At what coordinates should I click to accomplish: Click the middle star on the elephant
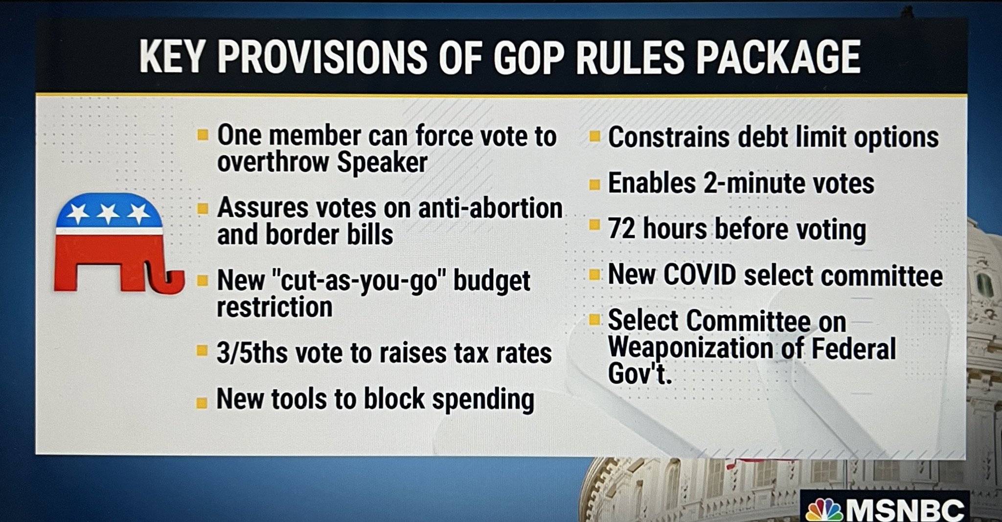(108, 213)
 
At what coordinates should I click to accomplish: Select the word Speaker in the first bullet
(382, 162)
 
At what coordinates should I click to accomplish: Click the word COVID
(700, 275)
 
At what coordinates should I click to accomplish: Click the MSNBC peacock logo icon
(824, 510)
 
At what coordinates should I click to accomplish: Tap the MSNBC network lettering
(905, 510)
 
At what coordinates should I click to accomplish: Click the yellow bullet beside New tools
(201, 403)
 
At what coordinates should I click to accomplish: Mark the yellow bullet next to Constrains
(594, 136)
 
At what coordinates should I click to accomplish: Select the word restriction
(274, 307)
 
